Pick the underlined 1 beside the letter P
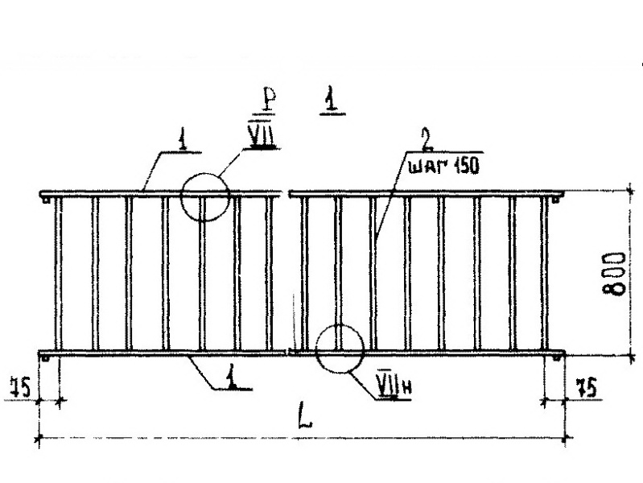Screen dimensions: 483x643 [330, 102]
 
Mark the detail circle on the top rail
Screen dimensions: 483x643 [205, 196]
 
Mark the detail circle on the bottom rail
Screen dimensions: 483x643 [339, 349]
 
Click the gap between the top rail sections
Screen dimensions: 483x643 [286, 193]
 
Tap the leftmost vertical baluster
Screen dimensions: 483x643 [57, 274]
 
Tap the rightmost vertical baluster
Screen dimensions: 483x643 [546, 274]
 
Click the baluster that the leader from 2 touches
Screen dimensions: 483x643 [373, 274]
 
